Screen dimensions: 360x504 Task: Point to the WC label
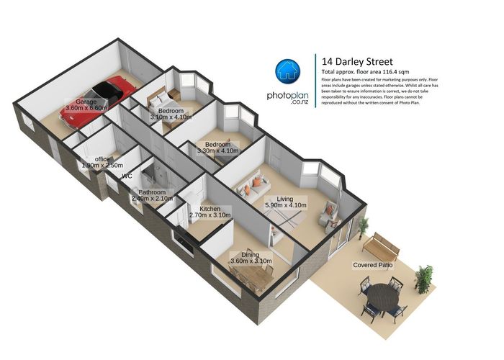click(x=127, y=176)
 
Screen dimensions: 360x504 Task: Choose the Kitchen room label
click(x=210, y=209)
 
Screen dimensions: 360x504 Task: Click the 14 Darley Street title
click(x=357, y=61)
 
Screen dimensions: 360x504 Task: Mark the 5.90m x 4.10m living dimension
click(x=287, y=204)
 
